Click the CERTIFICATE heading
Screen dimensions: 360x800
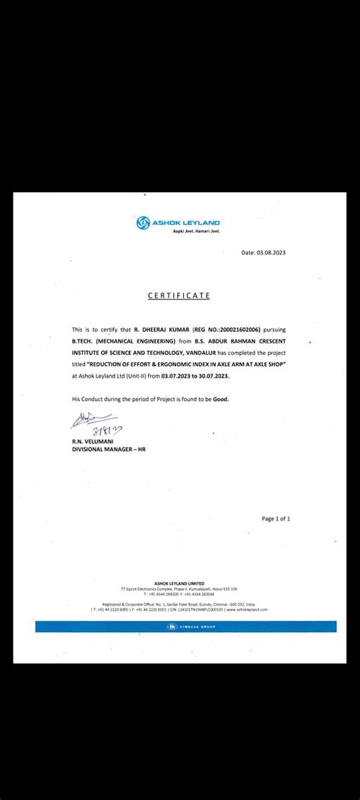tap(179, 295)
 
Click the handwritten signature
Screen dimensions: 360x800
tap(91, 421)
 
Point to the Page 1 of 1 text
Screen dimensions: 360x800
tap(276, 518)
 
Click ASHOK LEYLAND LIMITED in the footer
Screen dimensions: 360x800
tap(179, 583)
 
